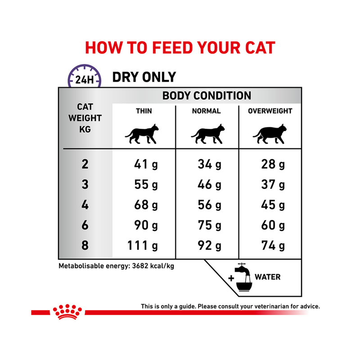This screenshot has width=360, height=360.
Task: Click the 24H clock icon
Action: (x=85, y=76)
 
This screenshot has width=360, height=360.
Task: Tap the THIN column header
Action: (x=144, y=111)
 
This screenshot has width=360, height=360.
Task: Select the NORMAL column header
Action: (x=207, y=111)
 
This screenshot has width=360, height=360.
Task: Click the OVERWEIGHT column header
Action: (x=270, y=111)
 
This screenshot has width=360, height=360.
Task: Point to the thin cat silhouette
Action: (x=142, y=134)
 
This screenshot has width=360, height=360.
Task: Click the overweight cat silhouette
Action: (x=270, y=134)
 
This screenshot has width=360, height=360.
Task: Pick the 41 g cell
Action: (x=146, y=165)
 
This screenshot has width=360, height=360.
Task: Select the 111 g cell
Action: (x=143, y=246)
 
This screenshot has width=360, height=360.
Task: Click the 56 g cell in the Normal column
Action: (x=210, y=205)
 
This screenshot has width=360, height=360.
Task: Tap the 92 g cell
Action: (x=210, y=246)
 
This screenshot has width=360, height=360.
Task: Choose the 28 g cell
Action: (x=273, y=165)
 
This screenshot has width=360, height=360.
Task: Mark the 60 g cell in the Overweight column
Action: (x=273, y=225)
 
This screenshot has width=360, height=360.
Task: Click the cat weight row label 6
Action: (x=85, y=225)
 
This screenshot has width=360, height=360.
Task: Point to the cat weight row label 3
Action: (x=85, y=184)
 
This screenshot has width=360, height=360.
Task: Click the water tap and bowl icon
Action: (x=243, y=277)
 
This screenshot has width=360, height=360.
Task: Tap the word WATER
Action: (x=268, y=277)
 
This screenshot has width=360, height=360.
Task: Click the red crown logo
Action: (x=67, y=311)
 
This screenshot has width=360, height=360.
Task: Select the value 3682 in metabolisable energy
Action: (x=140, y=266)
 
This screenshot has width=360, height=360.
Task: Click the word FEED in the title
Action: (x=172, y=48)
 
